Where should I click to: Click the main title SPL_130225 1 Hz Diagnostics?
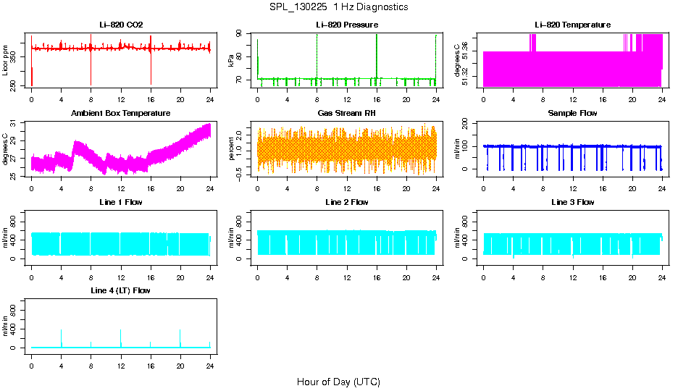click(x=338, y=7)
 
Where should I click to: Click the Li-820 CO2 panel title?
click(x=121, y=25)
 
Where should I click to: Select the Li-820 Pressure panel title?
click(x=347, y=25)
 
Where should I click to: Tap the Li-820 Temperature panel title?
click(x=572, y=25)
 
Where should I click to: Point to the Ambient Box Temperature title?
click(x=121, y=113)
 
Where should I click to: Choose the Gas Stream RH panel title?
click(x=347, y=113)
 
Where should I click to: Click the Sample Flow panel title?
click(x=572, y=113)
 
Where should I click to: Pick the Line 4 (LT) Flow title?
click(x=121, y=290)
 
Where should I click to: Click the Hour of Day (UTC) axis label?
click(x=338, y=382)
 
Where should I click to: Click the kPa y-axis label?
click(x=231, y=61)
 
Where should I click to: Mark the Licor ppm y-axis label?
click(x=6, y=61)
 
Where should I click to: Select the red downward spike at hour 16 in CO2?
click(x=151, y=72)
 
